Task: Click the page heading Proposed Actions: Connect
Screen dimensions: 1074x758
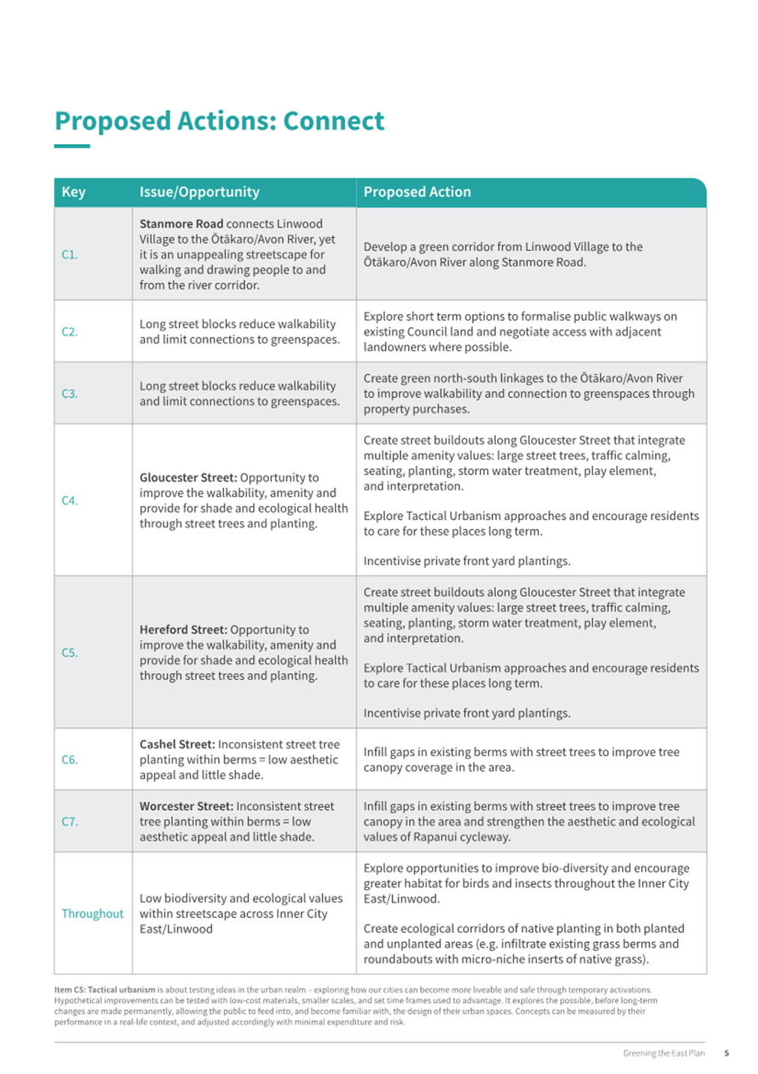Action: (x=219, y=121)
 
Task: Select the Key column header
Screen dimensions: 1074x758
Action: (x=73, y=192)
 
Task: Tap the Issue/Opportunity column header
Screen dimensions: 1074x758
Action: (x=199, y=192)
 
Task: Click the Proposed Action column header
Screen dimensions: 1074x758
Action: (x=417, y=192)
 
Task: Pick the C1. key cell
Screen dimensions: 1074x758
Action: (x=70, y=255)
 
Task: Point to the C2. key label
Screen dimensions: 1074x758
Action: (x=70, y=331)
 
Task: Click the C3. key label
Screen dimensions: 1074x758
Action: (x=70, y=393)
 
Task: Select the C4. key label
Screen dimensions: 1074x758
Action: (x=70, y=501)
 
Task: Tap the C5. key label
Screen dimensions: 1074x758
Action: (x=70, y=653)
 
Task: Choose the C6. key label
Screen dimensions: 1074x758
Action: (x=70, y=760)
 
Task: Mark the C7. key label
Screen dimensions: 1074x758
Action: (x=70, y=821)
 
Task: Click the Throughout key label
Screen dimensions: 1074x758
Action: (x=93, y=914)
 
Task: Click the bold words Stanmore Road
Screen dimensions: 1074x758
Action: (x=181, y=224)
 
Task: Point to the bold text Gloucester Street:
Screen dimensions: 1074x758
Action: (x=188, y=477)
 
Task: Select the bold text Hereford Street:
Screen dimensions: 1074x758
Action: (x=184, y=630)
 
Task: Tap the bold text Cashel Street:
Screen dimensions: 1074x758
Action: (x=177, y=744)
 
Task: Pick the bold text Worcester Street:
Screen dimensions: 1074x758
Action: (x=187, y=806)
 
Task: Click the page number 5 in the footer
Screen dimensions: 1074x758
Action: (x=727, y=1053)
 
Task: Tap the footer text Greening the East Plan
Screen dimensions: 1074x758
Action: (x=664, y=1053)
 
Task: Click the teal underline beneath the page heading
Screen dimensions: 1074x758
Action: (x=72, y=146)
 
